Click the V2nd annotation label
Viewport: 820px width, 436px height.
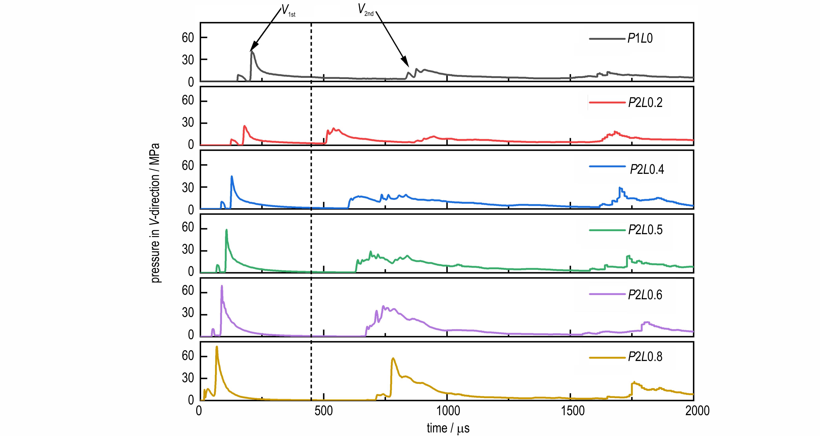click(365, 10)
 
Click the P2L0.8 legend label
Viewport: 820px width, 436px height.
click(645, 356)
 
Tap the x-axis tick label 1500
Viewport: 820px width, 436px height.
click(570, 411)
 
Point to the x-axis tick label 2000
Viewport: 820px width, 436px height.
click(694, 411)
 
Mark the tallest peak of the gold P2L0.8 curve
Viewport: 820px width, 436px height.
click(217, 347)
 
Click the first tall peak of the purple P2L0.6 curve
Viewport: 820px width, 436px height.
click(222, 286)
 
